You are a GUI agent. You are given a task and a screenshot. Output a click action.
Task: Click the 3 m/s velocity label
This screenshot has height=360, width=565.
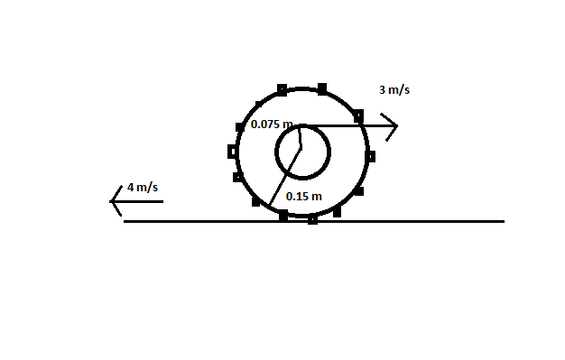pos(394,89)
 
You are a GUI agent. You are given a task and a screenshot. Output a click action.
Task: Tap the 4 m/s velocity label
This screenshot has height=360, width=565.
pos(143,188)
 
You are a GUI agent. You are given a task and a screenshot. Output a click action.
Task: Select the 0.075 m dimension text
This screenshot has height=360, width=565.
pos(272,125)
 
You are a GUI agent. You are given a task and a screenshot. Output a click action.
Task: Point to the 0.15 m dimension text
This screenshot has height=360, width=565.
pos(304,197)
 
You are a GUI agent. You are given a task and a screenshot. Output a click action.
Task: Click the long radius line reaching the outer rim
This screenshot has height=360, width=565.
pos(284,177)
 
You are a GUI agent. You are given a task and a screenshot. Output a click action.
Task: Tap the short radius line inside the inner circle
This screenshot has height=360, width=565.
pos(300,137)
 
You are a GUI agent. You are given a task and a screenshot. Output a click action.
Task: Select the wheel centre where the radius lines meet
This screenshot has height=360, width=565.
pos(301,147)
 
